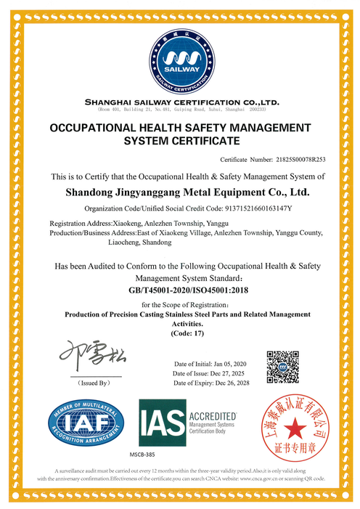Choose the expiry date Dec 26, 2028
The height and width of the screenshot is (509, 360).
tap(232, 383)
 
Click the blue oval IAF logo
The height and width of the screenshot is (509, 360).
tap(83, 423)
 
